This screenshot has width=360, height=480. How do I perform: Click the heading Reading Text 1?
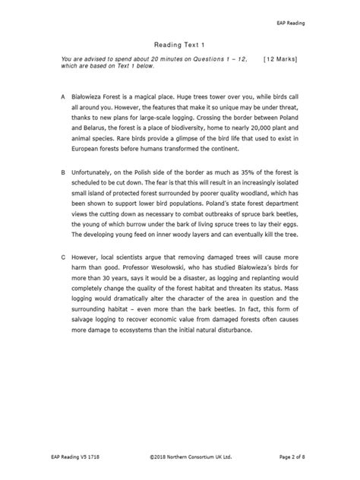click(x=179, y=45)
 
